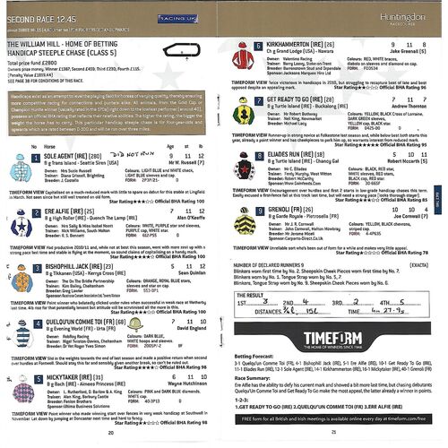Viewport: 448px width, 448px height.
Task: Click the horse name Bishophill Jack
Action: coord(74,267)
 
